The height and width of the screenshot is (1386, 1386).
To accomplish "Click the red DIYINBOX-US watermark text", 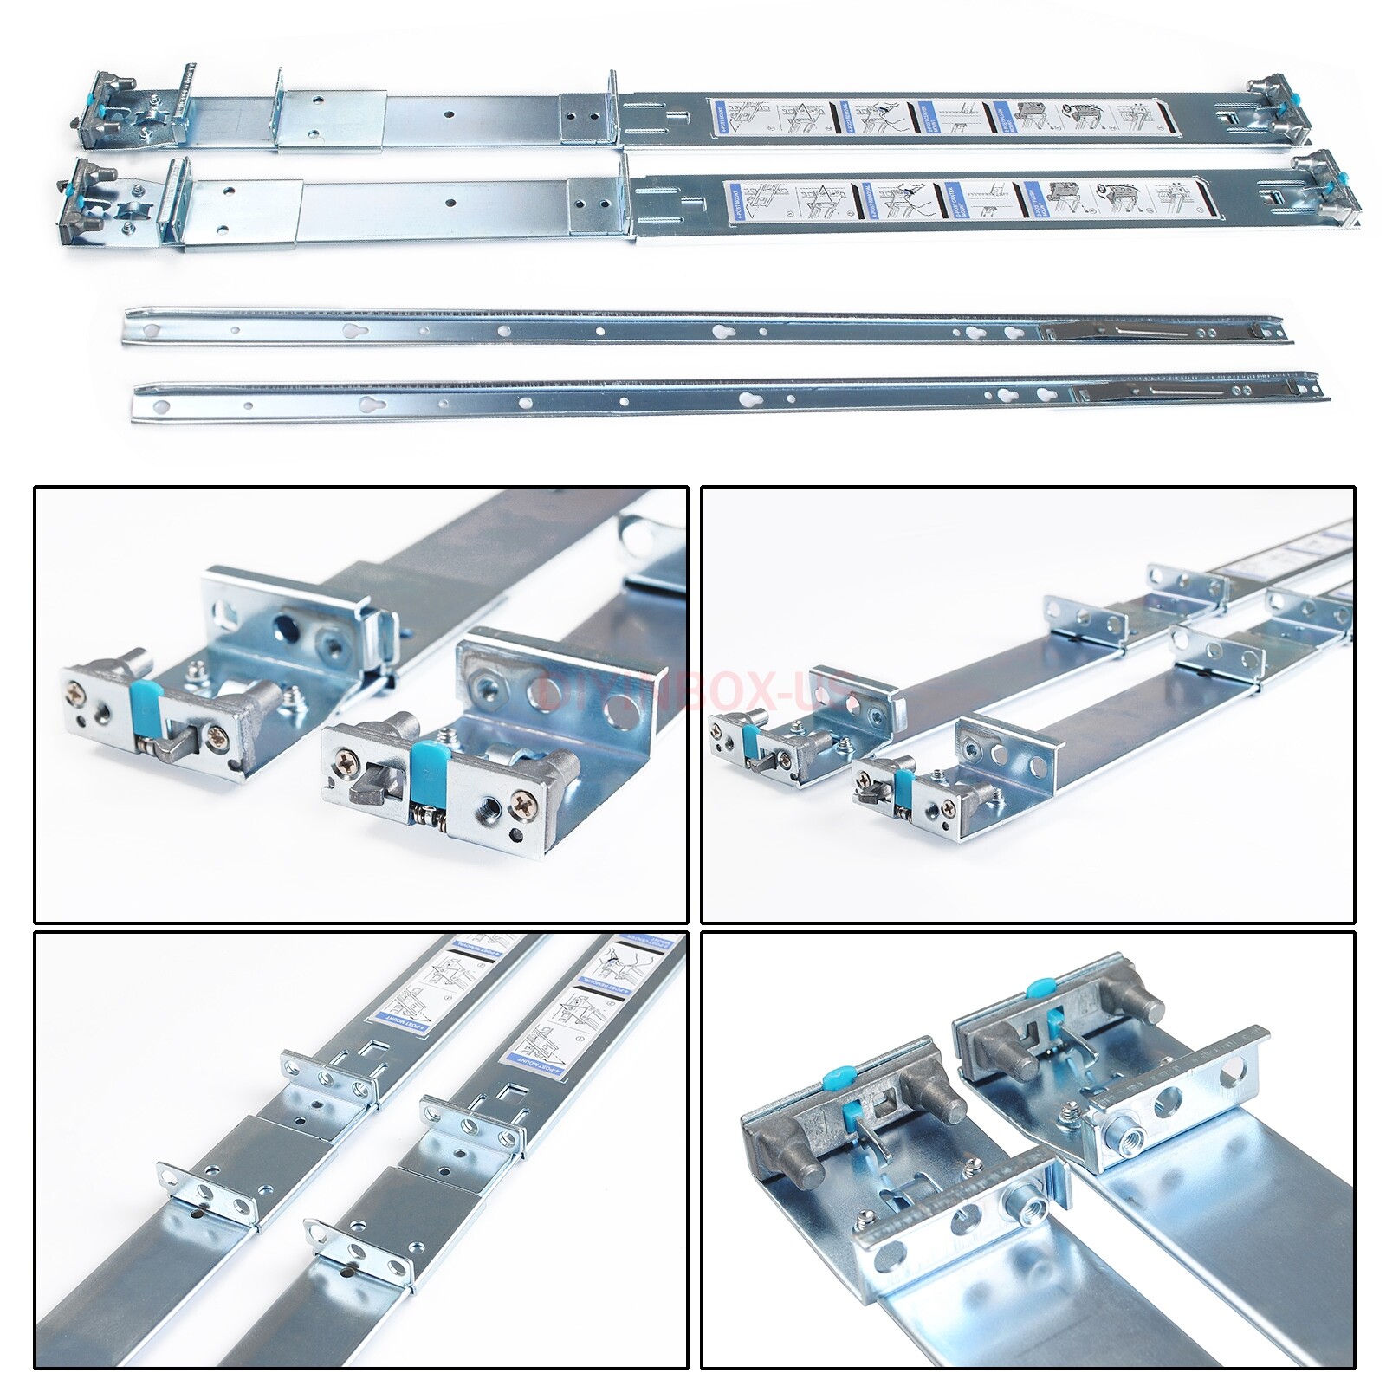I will click(x=693, y=693).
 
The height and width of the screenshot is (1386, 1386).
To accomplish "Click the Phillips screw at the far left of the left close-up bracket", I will click(x=77, y=692).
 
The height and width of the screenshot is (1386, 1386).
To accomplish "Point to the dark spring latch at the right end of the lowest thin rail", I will click(x=1195, y=392).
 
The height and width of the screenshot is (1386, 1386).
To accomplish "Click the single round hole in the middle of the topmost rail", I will click(x=449, y=113).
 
